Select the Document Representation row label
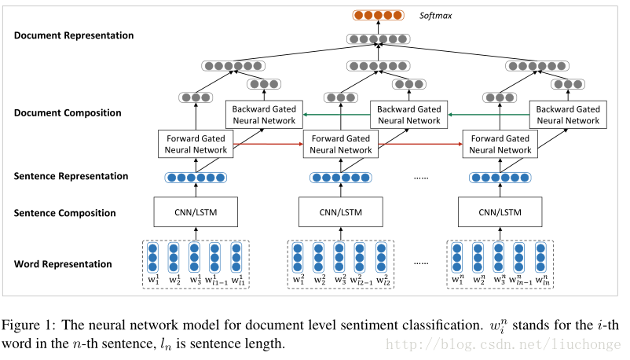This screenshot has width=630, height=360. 74,35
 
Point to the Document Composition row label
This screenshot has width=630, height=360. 68,112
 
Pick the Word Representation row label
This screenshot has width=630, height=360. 63,263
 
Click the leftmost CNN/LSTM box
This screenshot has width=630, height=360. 196,212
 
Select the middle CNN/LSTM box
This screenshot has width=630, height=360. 340,212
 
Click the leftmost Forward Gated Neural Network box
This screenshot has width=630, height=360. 196,144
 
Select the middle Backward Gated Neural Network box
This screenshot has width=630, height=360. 408,115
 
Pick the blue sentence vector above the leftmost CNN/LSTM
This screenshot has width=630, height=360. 196,178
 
